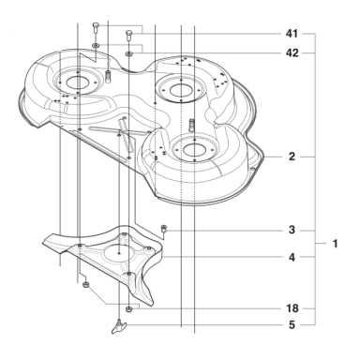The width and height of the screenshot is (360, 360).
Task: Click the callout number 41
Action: point(292,34)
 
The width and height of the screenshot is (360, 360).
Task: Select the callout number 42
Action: point(292,52)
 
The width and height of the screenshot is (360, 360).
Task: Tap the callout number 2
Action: point(292,157)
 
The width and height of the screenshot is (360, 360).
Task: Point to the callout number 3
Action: point(292,231)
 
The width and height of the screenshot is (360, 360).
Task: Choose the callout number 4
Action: point(292,257)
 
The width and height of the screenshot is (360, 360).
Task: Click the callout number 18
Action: point(292,308)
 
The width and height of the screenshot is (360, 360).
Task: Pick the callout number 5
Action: point(292,324)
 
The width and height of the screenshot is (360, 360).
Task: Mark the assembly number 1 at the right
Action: point(335,244)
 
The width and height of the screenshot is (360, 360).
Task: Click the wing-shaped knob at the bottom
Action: point(119,326)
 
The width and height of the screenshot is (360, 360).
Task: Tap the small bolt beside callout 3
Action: point(163,229)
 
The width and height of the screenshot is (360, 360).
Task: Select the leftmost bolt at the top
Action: point(96,29)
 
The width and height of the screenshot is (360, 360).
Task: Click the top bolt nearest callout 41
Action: point(128,35)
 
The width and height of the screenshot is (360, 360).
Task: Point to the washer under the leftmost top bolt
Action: point(96,46)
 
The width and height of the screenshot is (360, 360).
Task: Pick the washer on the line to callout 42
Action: point(128,54)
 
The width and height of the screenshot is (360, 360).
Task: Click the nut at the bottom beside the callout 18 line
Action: point(128,309)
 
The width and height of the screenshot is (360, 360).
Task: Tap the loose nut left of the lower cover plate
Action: point(84,284)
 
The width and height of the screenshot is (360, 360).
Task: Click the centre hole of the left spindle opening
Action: point(77,82)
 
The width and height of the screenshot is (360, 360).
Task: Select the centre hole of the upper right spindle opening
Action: point(181,91)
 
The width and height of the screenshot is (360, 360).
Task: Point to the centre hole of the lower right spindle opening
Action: point(194,150)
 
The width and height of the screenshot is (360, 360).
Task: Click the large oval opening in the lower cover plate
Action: point(120,253)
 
